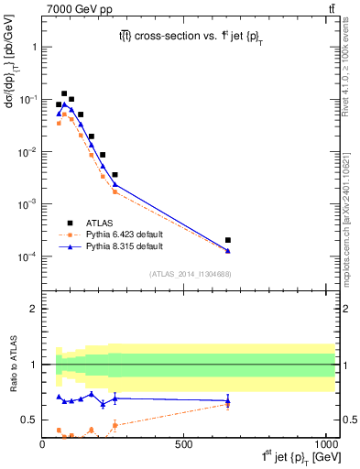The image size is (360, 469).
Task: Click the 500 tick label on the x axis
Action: [184, 444]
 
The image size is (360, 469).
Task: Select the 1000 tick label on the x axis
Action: [323, 444]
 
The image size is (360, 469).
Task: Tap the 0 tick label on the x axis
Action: [43, 444]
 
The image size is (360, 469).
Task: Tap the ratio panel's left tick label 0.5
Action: [29, 420]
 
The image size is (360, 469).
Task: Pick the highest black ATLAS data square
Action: [64, 93]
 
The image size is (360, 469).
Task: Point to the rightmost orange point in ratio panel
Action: [227, 404]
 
